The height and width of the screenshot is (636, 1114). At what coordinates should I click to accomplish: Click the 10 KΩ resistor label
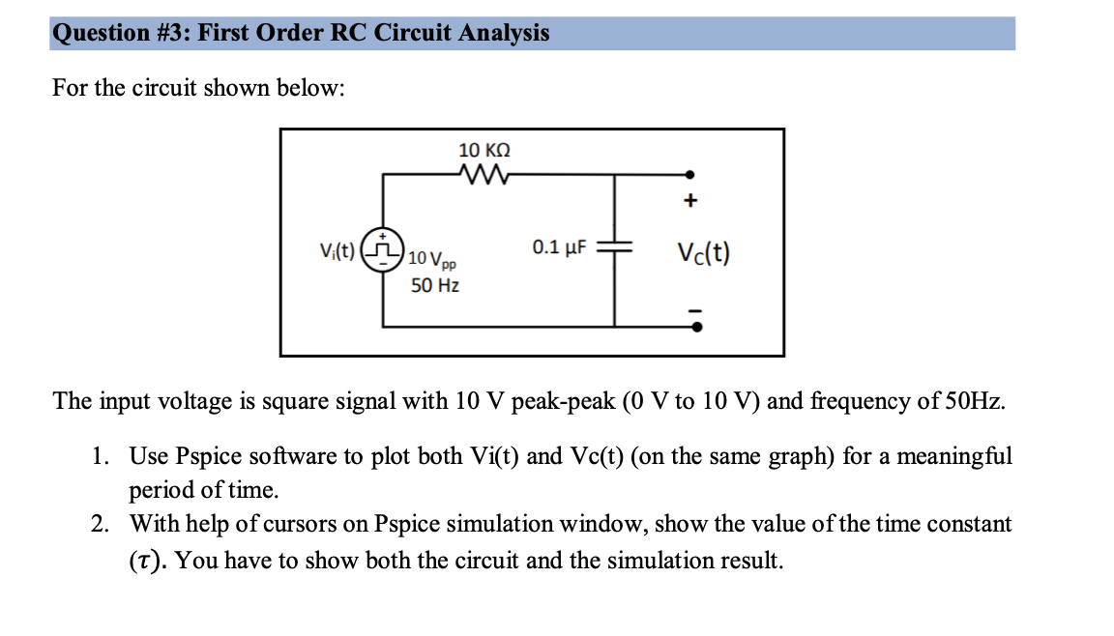pyautogui.click(x=484, y=150)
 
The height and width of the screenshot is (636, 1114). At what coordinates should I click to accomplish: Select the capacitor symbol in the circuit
pyautogui.click(x=614, y=246)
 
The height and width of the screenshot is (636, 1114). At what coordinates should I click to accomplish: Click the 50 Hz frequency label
pyautogui.click(x=434, y=286)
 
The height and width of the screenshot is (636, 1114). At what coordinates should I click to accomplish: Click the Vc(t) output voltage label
pyautogui.click(x=703, y=253)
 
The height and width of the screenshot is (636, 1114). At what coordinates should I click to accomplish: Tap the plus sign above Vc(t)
pyautogui.click(x=690, y=202)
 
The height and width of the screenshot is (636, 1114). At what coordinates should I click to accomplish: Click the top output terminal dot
pyautogui.click(x=689, y=175)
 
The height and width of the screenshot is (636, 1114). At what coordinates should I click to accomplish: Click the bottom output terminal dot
pyautogui.click(x=695, y=326)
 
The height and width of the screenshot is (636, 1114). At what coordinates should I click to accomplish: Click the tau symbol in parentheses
pyautogui.click(x=148, y=562)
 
